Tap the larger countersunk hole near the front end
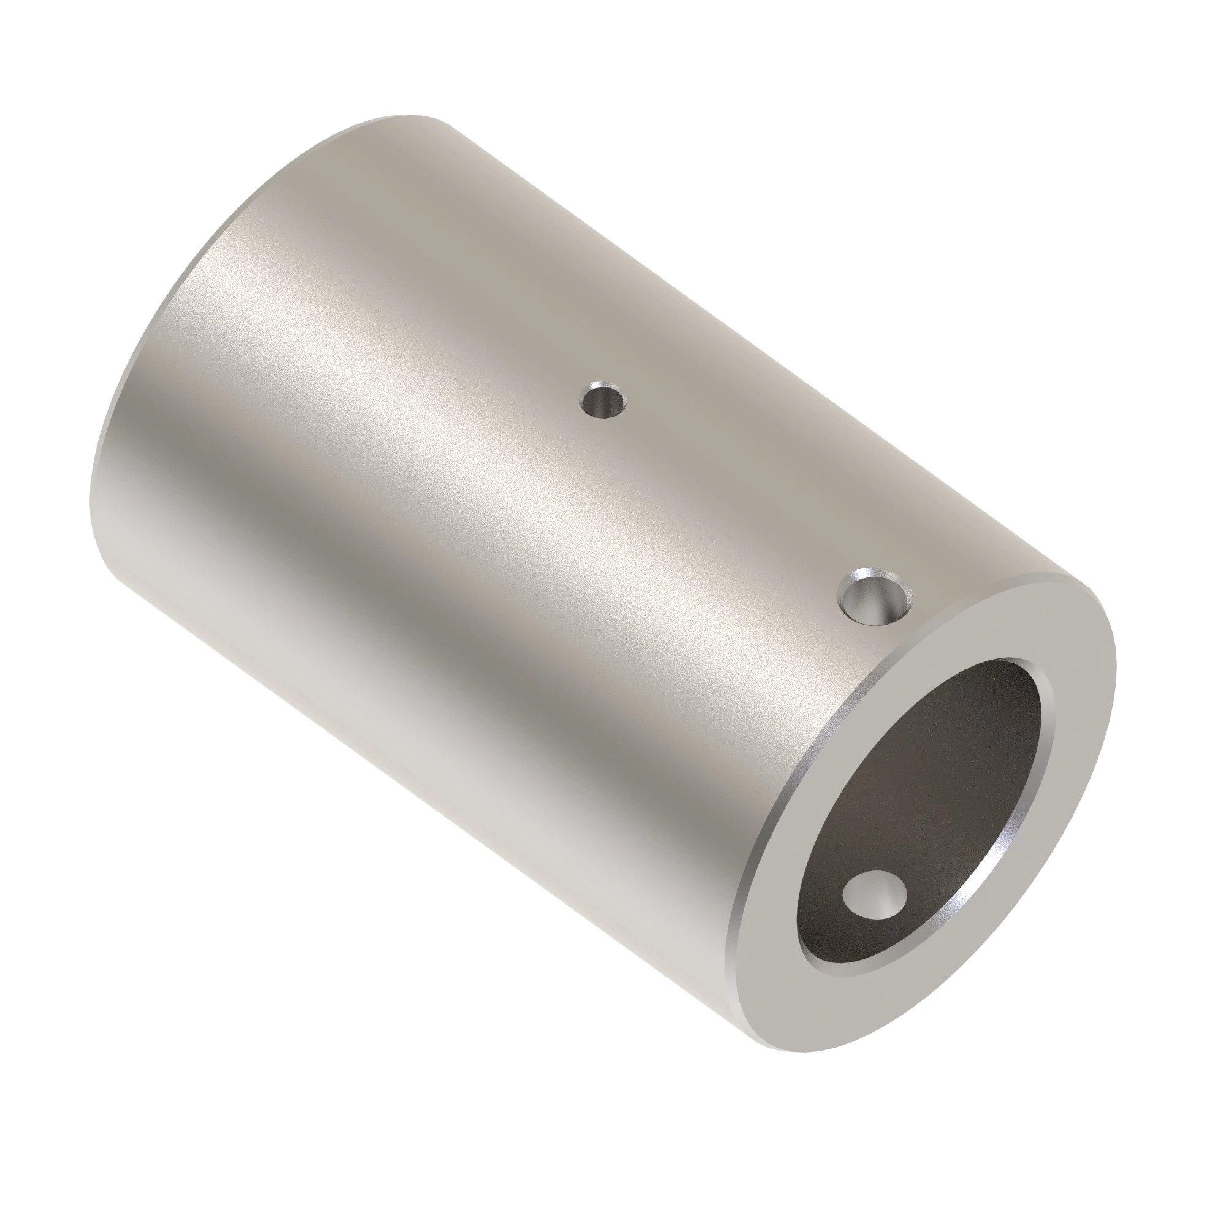tap(875, 598)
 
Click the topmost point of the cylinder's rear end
tap(406, 116)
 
